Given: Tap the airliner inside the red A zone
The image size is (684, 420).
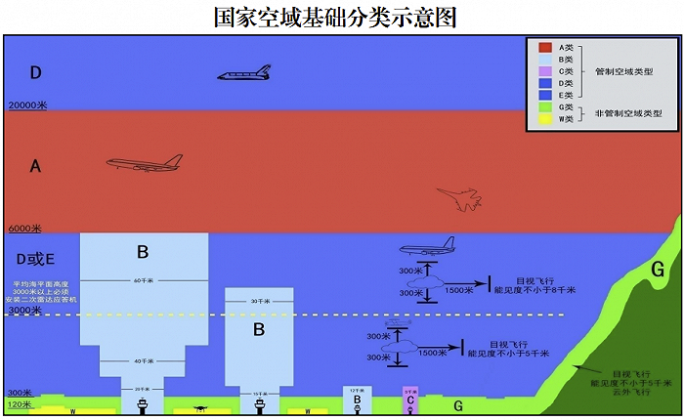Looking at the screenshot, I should click(x=145, y=162).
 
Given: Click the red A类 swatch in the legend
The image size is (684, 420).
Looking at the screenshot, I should click(x=545, y=48).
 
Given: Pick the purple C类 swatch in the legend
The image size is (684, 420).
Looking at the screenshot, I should click(x=545, y=71).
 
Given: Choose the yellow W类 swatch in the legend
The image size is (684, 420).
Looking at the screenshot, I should click(x=545, y=119).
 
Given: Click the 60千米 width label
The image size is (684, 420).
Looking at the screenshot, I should click(x=143, y=282).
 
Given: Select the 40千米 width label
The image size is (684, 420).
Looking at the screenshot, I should click(x=143, y=360).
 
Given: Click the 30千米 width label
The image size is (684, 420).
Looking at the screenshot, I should click(x=259, y=301).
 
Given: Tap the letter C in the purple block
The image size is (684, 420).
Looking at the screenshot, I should click(x=410, y=399).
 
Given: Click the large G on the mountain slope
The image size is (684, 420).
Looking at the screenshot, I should click(x=658, y=269).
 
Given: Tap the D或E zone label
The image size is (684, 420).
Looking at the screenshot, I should click(x=37, y=259).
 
